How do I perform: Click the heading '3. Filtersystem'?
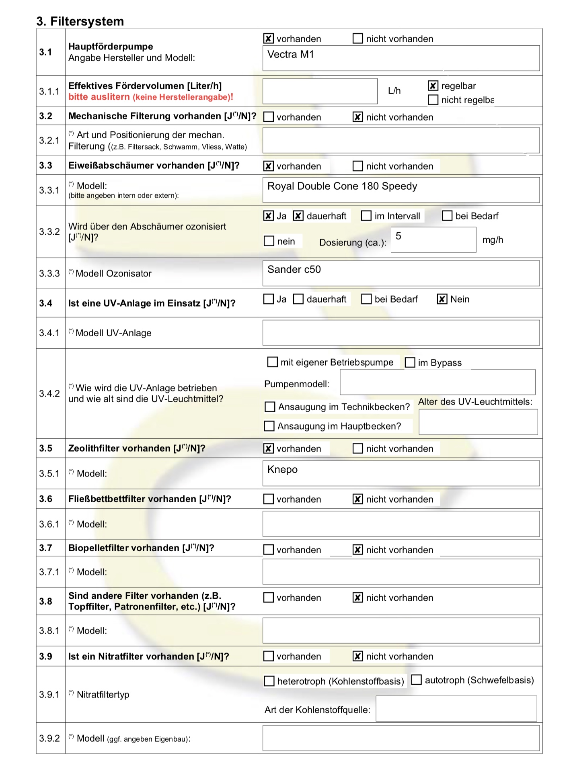pyautogui.click(x=80, y=21)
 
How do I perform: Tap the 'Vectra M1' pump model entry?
pyautogui.click(x=290, y=55)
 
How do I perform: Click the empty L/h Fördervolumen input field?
pyautogui.click(x=320, y=91)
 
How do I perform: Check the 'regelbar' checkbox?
pyautogui.click(x=433, y=86)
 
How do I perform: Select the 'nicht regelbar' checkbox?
pyautogui.click(x=433, y=100)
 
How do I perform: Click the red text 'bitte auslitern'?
pyautogui.click(x=99, y=97)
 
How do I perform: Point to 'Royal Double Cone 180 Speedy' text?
pyautogui.click(x=342, y=186)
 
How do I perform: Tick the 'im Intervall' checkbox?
pyautogui.click(x=366, y=216)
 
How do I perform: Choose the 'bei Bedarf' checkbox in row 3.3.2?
pyautogui.click(x=447, y=216)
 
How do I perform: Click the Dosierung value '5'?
pyautogui.click(x=398, y=236)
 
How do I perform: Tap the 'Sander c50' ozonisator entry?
pyautogui.click(x=294, y=270)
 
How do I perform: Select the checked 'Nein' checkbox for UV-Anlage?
pyautogui.click(x=442, y=299)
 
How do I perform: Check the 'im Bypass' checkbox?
pyautogui.click(x=410, y=362)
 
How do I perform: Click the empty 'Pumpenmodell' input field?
pyautogui.click(x=437, y=382)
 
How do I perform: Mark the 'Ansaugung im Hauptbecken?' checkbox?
pyautogui.click(x=269, y=426)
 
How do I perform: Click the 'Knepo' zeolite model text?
pyautogui.click(x=282, y=470)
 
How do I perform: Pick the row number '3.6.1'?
pyautogui.click(x=49, y=524)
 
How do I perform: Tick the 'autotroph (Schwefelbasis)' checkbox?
pyautogui.click(x=417, y=680)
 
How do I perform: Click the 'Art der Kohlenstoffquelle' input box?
pyautogui.click(x=456, y=709)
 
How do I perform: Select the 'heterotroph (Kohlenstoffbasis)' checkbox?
pyautogui.click(x=269, y=681)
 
